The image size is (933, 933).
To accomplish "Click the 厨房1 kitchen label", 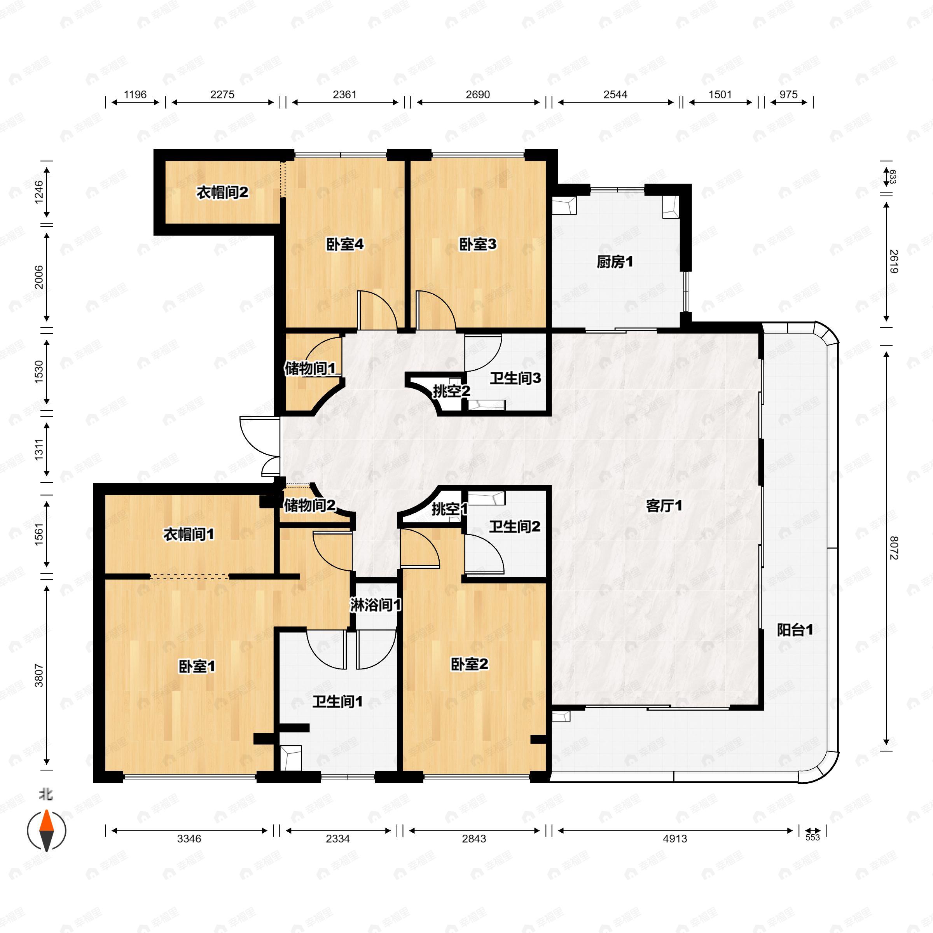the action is point(615,262).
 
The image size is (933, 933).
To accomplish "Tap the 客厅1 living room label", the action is point(664,506).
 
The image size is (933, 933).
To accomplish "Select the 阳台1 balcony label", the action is point(795,630).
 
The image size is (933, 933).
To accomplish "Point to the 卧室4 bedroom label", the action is point(345,245).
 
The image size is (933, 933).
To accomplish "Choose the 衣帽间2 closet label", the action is point(222,193).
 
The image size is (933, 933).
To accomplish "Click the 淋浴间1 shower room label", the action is point(376,605).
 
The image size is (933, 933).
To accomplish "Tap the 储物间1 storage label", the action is point(310,369).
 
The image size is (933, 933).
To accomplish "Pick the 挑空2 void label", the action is point(451,391).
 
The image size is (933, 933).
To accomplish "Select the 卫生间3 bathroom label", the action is point(515,378).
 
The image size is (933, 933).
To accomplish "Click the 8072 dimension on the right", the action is point(893,548).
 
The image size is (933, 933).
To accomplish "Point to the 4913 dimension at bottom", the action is point(674,839).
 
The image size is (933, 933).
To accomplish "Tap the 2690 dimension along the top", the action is point(478,94).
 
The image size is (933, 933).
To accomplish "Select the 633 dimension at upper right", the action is point(893,177).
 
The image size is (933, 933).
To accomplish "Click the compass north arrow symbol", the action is point(46,830).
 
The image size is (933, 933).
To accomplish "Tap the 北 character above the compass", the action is point(46,794).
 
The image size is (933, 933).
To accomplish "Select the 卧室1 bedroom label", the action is point(197,667).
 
